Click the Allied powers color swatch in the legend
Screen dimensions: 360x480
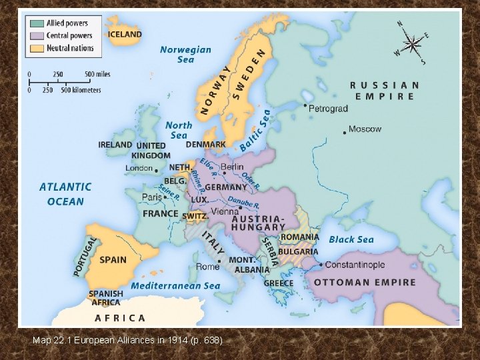coord(35,23)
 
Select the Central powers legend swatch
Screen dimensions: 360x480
coord(35,36)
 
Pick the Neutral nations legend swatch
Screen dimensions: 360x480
coord(35,48)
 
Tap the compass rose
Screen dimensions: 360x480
coord(413,45)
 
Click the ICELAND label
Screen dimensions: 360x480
coord(125,34)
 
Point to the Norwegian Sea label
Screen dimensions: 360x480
coord(185,55)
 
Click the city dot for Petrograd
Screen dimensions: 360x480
coord(305,105)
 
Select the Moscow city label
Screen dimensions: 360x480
coord(365,129)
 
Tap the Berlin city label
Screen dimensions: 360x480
coord(232,167)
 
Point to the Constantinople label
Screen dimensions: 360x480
coord(355,265)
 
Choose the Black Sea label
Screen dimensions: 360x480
coord(351,239)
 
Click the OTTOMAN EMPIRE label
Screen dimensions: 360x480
coord(364,283)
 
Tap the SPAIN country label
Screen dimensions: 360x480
coord(113,259)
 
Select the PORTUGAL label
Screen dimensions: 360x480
coord(85,257)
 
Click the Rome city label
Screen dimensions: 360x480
coord(207,267)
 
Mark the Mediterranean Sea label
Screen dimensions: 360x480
coord(175,286)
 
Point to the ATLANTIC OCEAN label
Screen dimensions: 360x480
coord(65,194)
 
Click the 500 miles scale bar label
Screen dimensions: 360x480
coord(98,73)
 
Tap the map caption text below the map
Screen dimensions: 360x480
coord(127,340)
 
